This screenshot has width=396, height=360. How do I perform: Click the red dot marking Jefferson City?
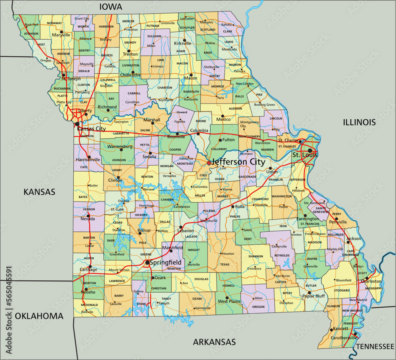(209, 163)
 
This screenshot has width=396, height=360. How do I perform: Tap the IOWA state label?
(111, 7)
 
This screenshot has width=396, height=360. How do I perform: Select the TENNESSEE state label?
(375, 347)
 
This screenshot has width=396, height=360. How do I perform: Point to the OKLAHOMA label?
(39, 316)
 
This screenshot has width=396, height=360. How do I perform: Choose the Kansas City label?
(91, 129)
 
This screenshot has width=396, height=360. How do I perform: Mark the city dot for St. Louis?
(310, 151)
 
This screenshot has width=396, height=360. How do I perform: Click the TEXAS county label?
(225, 264)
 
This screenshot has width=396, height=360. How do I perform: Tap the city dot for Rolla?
(232, 207)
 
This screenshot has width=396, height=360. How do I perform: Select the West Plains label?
(229, 302)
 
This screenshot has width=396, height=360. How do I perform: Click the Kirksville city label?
(183, 44)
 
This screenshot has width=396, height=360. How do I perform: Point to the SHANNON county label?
(255, 257)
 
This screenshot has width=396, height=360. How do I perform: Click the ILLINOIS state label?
(359, 122)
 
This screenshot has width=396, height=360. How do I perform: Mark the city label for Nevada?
(88, 219)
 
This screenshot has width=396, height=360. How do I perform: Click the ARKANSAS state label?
(214, 342)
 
